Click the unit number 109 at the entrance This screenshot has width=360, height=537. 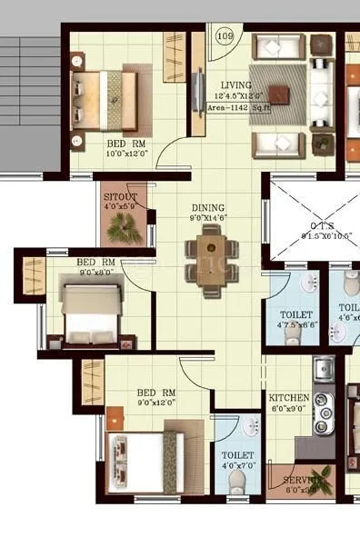[x=225, y=35]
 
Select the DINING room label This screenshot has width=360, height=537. [x=208, y=207]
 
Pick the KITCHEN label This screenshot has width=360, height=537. [x=289, y=398]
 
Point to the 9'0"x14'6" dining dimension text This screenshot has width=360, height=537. [x=208, y=218]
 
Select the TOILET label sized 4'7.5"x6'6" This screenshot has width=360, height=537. [x=289, y=313]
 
